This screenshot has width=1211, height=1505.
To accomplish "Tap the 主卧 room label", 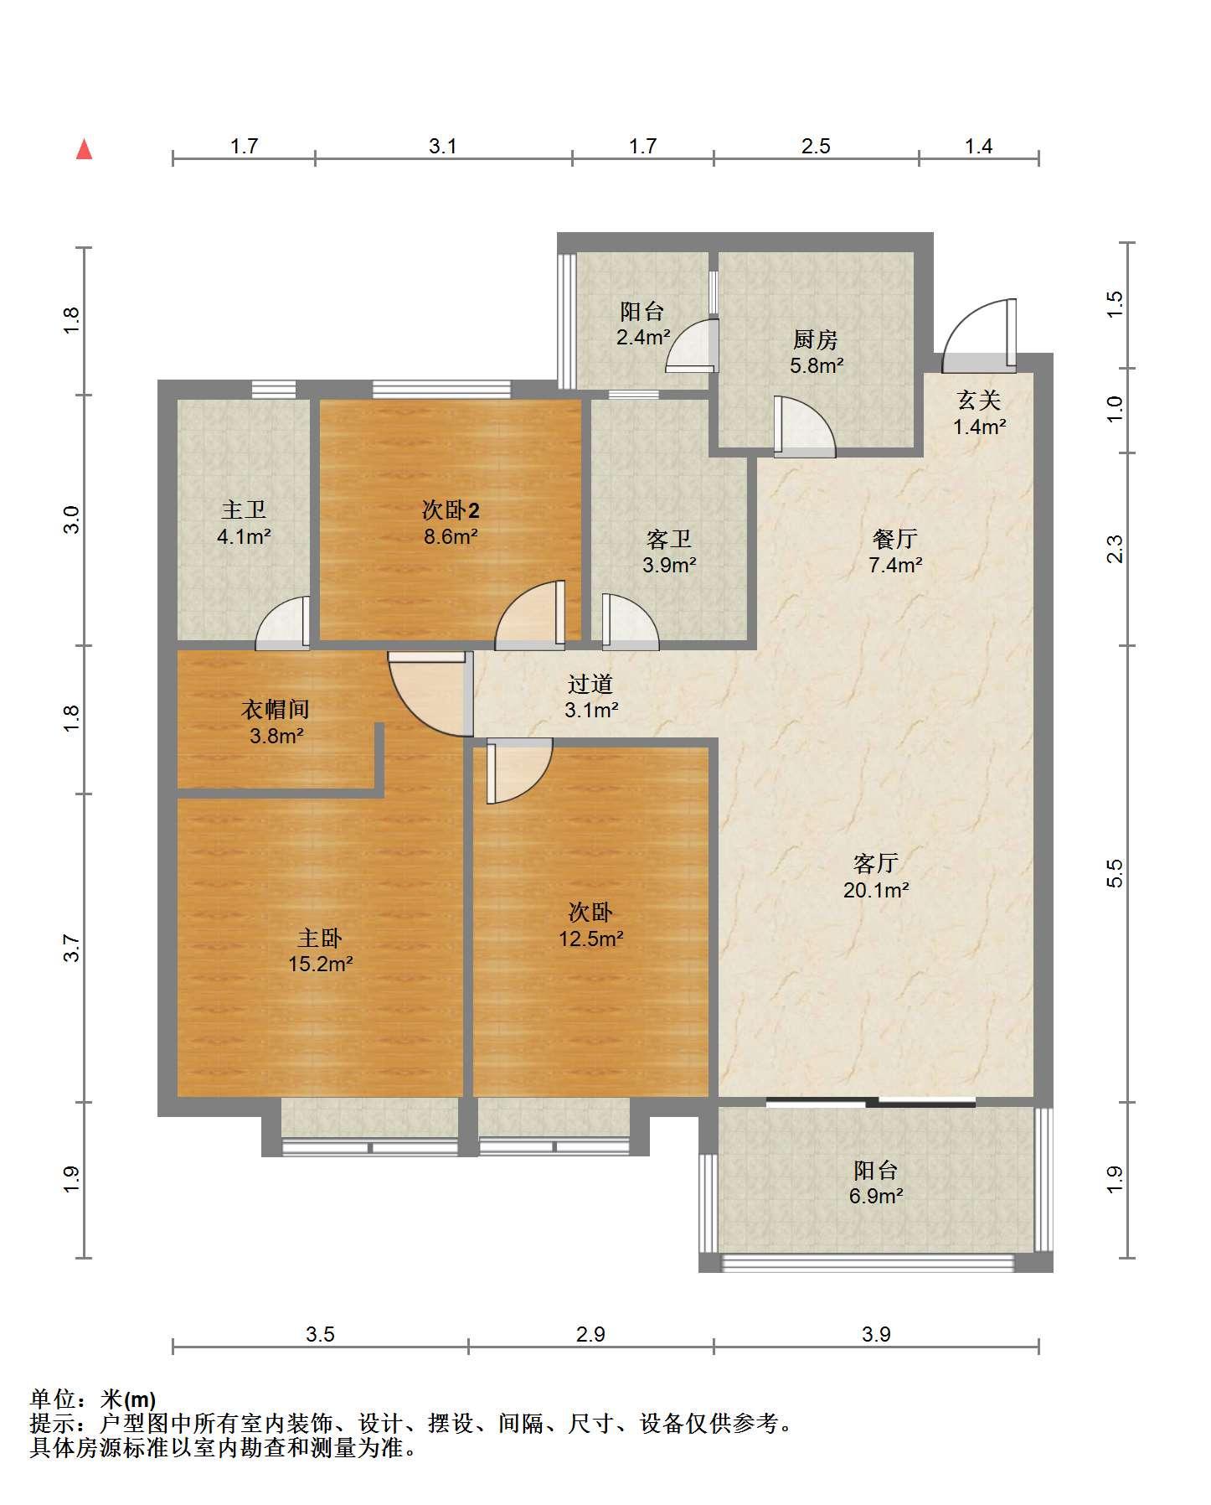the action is pyautogui.click(x=320, y=938).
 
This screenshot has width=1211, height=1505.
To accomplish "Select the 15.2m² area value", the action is pyautogui.click(x=320, y=965).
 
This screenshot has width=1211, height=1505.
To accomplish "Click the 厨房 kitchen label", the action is pyautogui.click(x=816, y=339).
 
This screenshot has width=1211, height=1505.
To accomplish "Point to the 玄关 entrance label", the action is pyautogui.click(x=979, y=400).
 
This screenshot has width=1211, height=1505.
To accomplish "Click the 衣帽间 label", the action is pyautogui.click(x=276, y=710).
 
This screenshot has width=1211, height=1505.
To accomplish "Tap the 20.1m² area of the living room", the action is pyautogui.click(x=876, y=890).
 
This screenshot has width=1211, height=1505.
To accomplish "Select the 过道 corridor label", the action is pyautogui.click(x=590, y=684).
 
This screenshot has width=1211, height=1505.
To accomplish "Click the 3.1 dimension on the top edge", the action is pyautogui.click(x=443, y=147).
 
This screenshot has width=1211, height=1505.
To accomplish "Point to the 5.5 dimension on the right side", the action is pyautogui.click(x=1114, y=873).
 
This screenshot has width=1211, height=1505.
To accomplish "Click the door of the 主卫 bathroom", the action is pyautogui.click(x=283, y=623).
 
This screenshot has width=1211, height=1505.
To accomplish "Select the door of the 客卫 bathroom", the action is pyautogui.click(x=630, y=622).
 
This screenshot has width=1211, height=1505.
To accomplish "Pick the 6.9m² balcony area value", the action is pyautogui.click(x=876, y=1196).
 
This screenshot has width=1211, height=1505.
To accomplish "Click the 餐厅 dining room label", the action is pyautogui.click(x=895, y=538).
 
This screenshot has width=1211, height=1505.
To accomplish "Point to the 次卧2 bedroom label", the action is pyautogui.click(x=451, y=510).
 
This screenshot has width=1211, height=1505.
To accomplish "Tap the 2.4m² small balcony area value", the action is pyautogui.click(x=643, y=338).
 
